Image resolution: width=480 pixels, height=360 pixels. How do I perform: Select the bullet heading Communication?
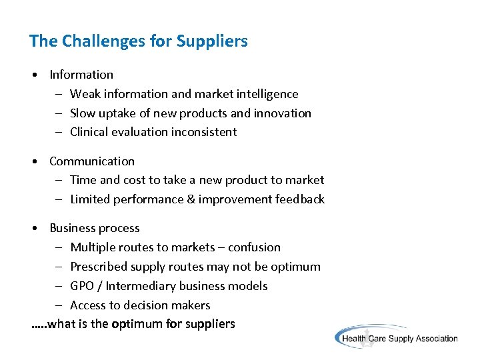pyautogui.click(x=92, y=161)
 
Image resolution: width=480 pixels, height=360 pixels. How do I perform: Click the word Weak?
pyautogui.click(x=84, y=94)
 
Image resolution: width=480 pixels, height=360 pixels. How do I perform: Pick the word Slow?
pyautogui.click(x=83, y=113)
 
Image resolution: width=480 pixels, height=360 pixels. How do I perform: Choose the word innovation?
pyautogui.click(x=282, y=113)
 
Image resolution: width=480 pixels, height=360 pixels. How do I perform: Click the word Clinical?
pyautogui.click(x=90, y=132)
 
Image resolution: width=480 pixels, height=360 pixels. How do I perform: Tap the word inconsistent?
pyautogui.click(x=204, y=132)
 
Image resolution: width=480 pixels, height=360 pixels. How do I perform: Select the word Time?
pyautogui.click(x=83, y=180)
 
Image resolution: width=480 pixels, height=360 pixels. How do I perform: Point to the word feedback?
pyautogui.click(x=299, y=199)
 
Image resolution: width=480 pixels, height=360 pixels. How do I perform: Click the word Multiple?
pyautogui.click(x=92, y=247)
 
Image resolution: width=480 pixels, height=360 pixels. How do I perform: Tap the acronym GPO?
pyautogui.click(x=82, y=286)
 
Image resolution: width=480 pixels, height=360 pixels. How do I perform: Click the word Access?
pyautogui.click(x=88, y=305)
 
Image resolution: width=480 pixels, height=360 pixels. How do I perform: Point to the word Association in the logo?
pyautogui.click(x=433, y=339)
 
